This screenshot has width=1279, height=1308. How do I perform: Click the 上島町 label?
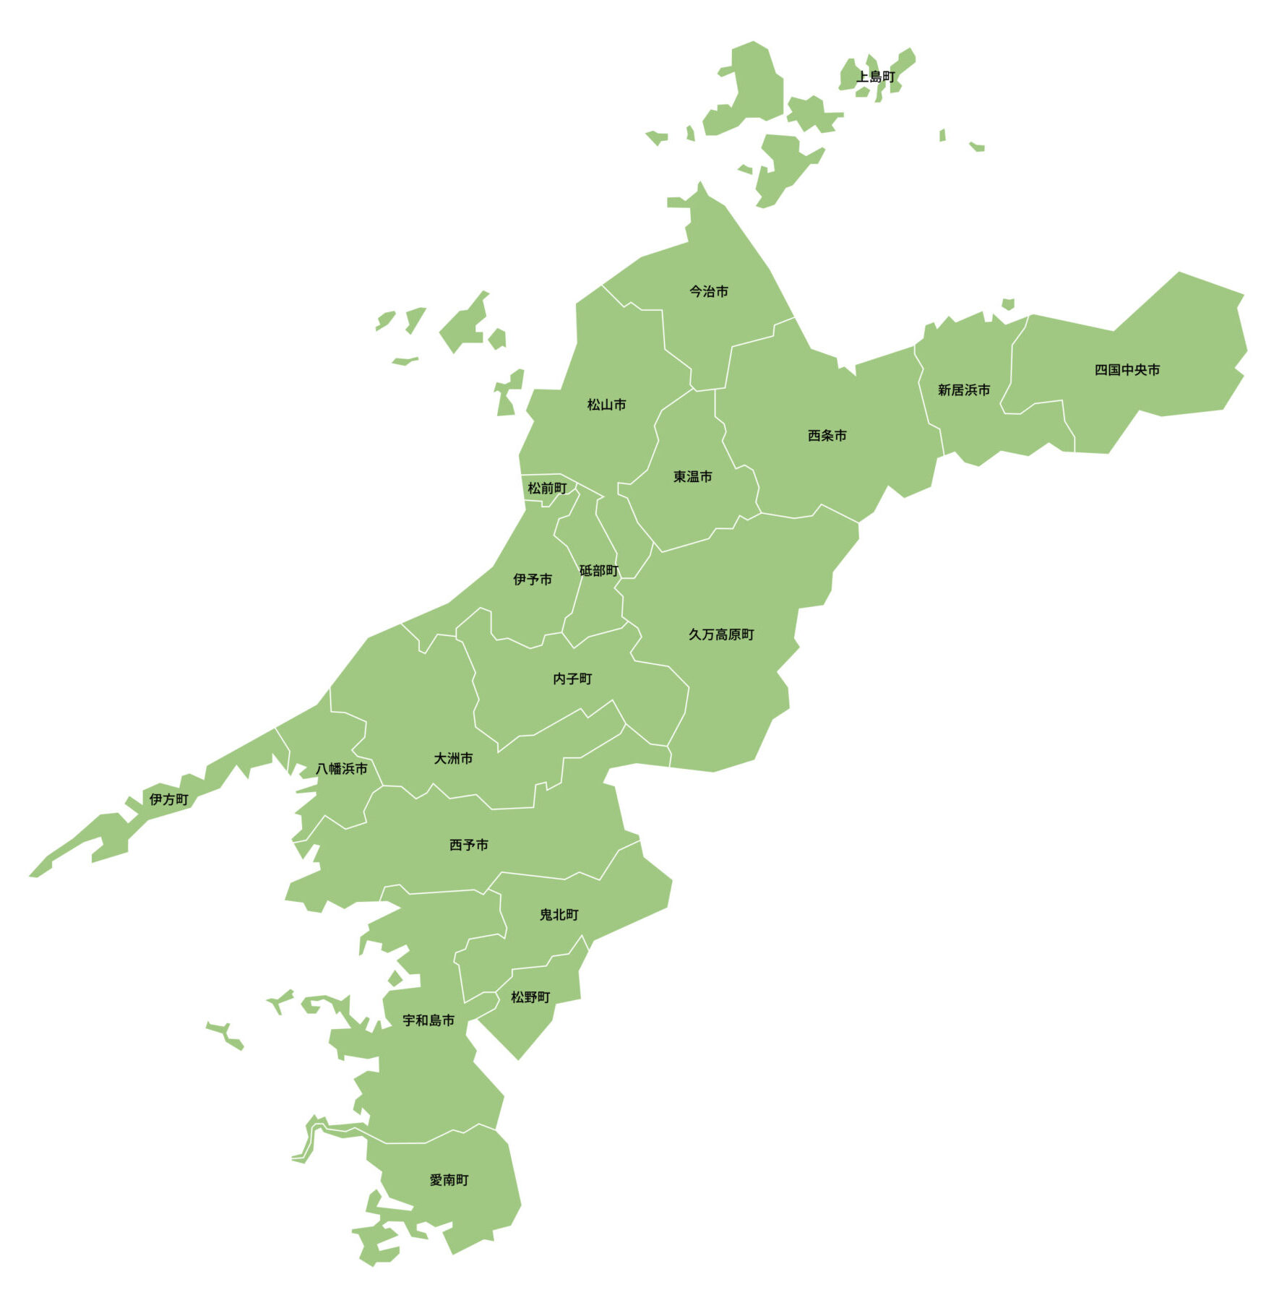click(875, 77)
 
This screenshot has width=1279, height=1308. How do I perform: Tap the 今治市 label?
click(708, 291)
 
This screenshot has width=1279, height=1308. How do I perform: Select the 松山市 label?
click(606, 405)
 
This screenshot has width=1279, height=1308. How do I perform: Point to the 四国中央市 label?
click(1127, 370)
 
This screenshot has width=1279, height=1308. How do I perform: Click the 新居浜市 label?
click(963, 390)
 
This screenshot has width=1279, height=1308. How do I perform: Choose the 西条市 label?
click(827, 436)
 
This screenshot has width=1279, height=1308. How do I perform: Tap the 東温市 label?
click(692, 477)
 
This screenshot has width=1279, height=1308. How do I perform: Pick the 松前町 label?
click(547, 489)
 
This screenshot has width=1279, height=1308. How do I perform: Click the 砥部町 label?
click(598, 571)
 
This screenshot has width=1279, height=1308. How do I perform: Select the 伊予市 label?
click(533, 580)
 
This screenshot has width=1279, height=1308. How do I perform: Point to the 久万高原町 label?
click(720, 634)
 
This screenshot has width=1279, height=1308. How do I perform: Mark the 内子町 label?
click(572, 679)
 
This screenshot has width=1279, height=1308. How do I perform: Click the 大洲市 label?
click(453, 758)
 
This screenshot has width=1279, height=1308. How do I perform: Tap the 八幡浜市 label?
click(341, 768)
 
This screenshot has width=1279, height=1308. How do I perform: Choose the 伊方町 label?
click(168, 799)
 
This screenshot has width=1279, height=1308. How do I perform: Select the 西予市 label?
click(468, 845)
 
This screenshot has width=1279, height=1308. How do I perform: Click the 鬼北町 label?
click(559, 915)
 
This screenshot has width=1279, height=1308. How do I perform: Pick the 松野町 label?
click(530, 997)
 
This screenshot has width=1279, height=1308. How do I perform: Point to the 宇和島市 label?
click(429, 1020)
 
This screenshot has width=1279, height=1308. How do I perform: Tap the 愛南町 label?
click(449, 1180)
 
